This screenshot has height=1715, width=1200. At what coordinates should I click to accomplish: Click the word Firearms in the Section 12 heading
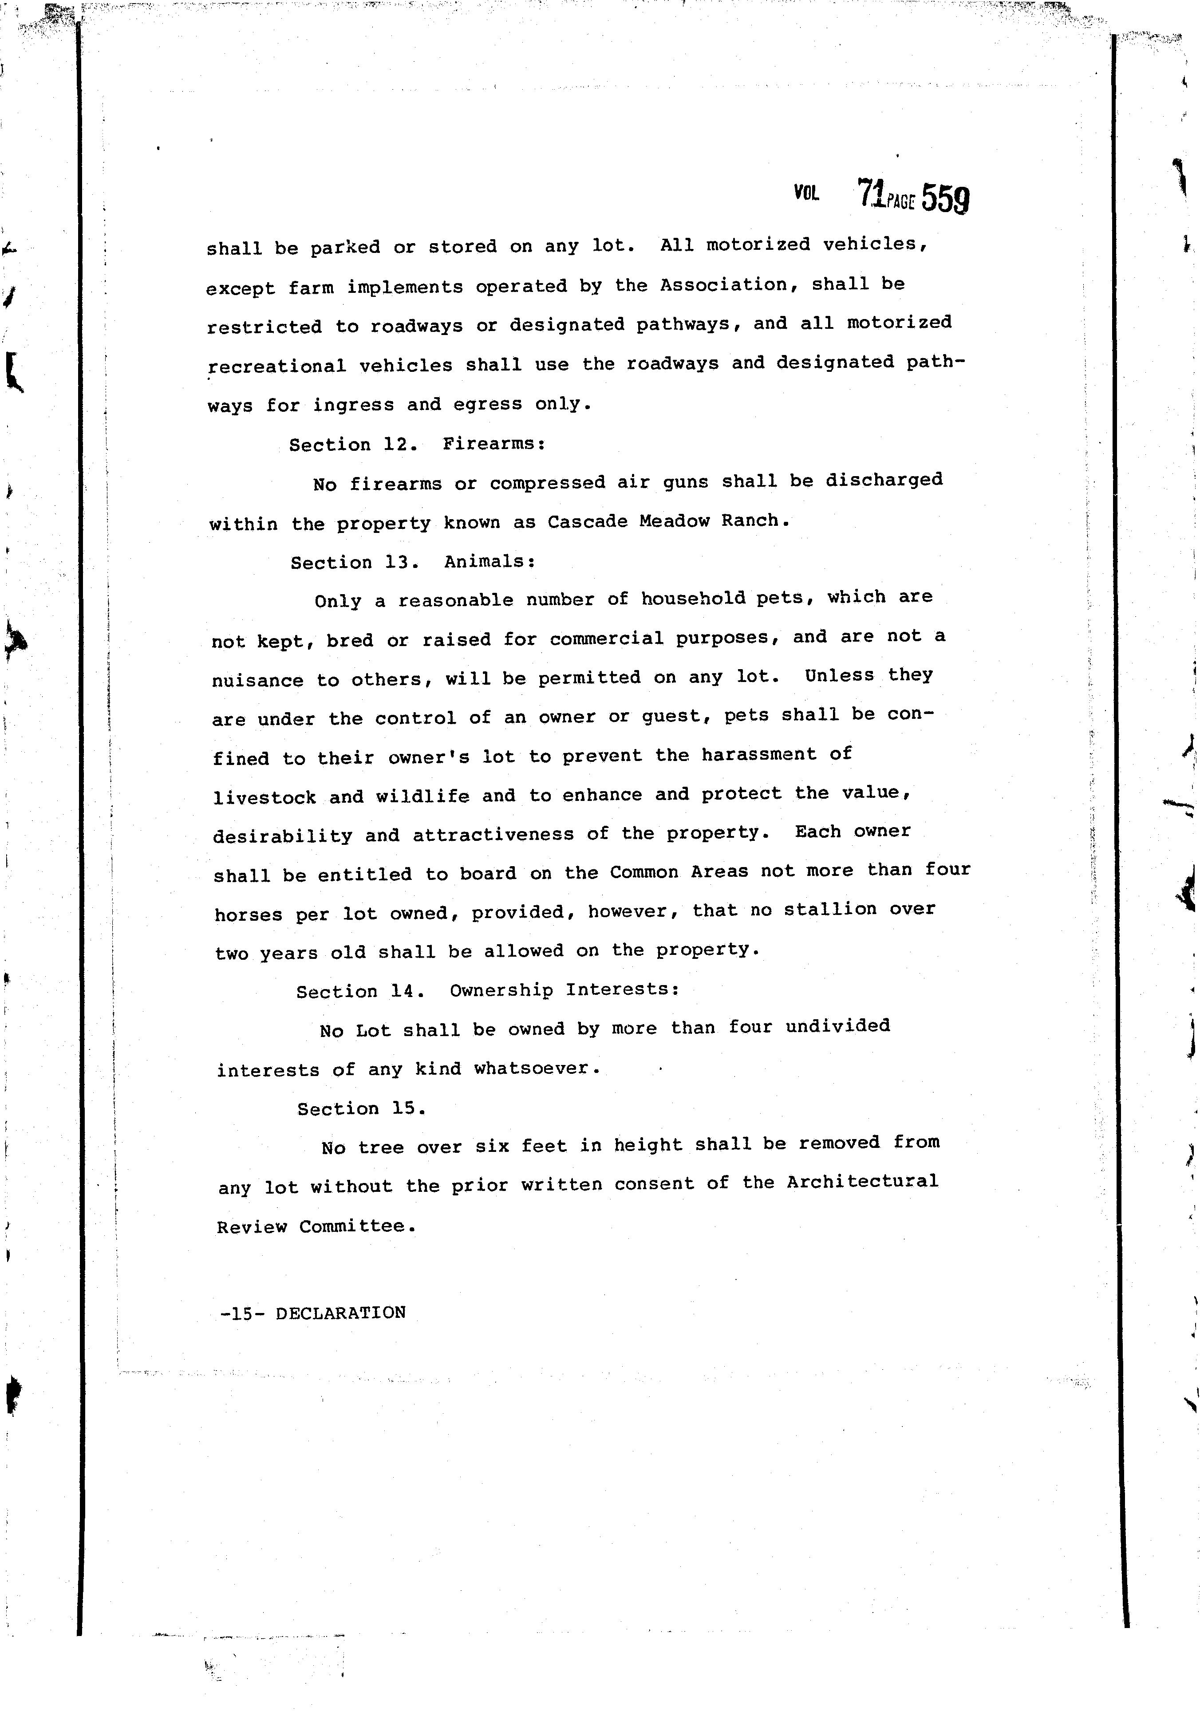point(494,444)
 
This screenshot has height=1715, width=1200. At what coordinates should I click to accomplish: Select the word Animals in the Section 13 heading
point(490,562)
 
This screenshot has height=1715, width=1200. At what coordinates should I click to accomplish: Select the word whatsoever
point(537,1068)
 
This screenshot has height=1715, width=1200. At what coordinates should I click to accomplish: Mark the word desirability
point(282,836)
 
